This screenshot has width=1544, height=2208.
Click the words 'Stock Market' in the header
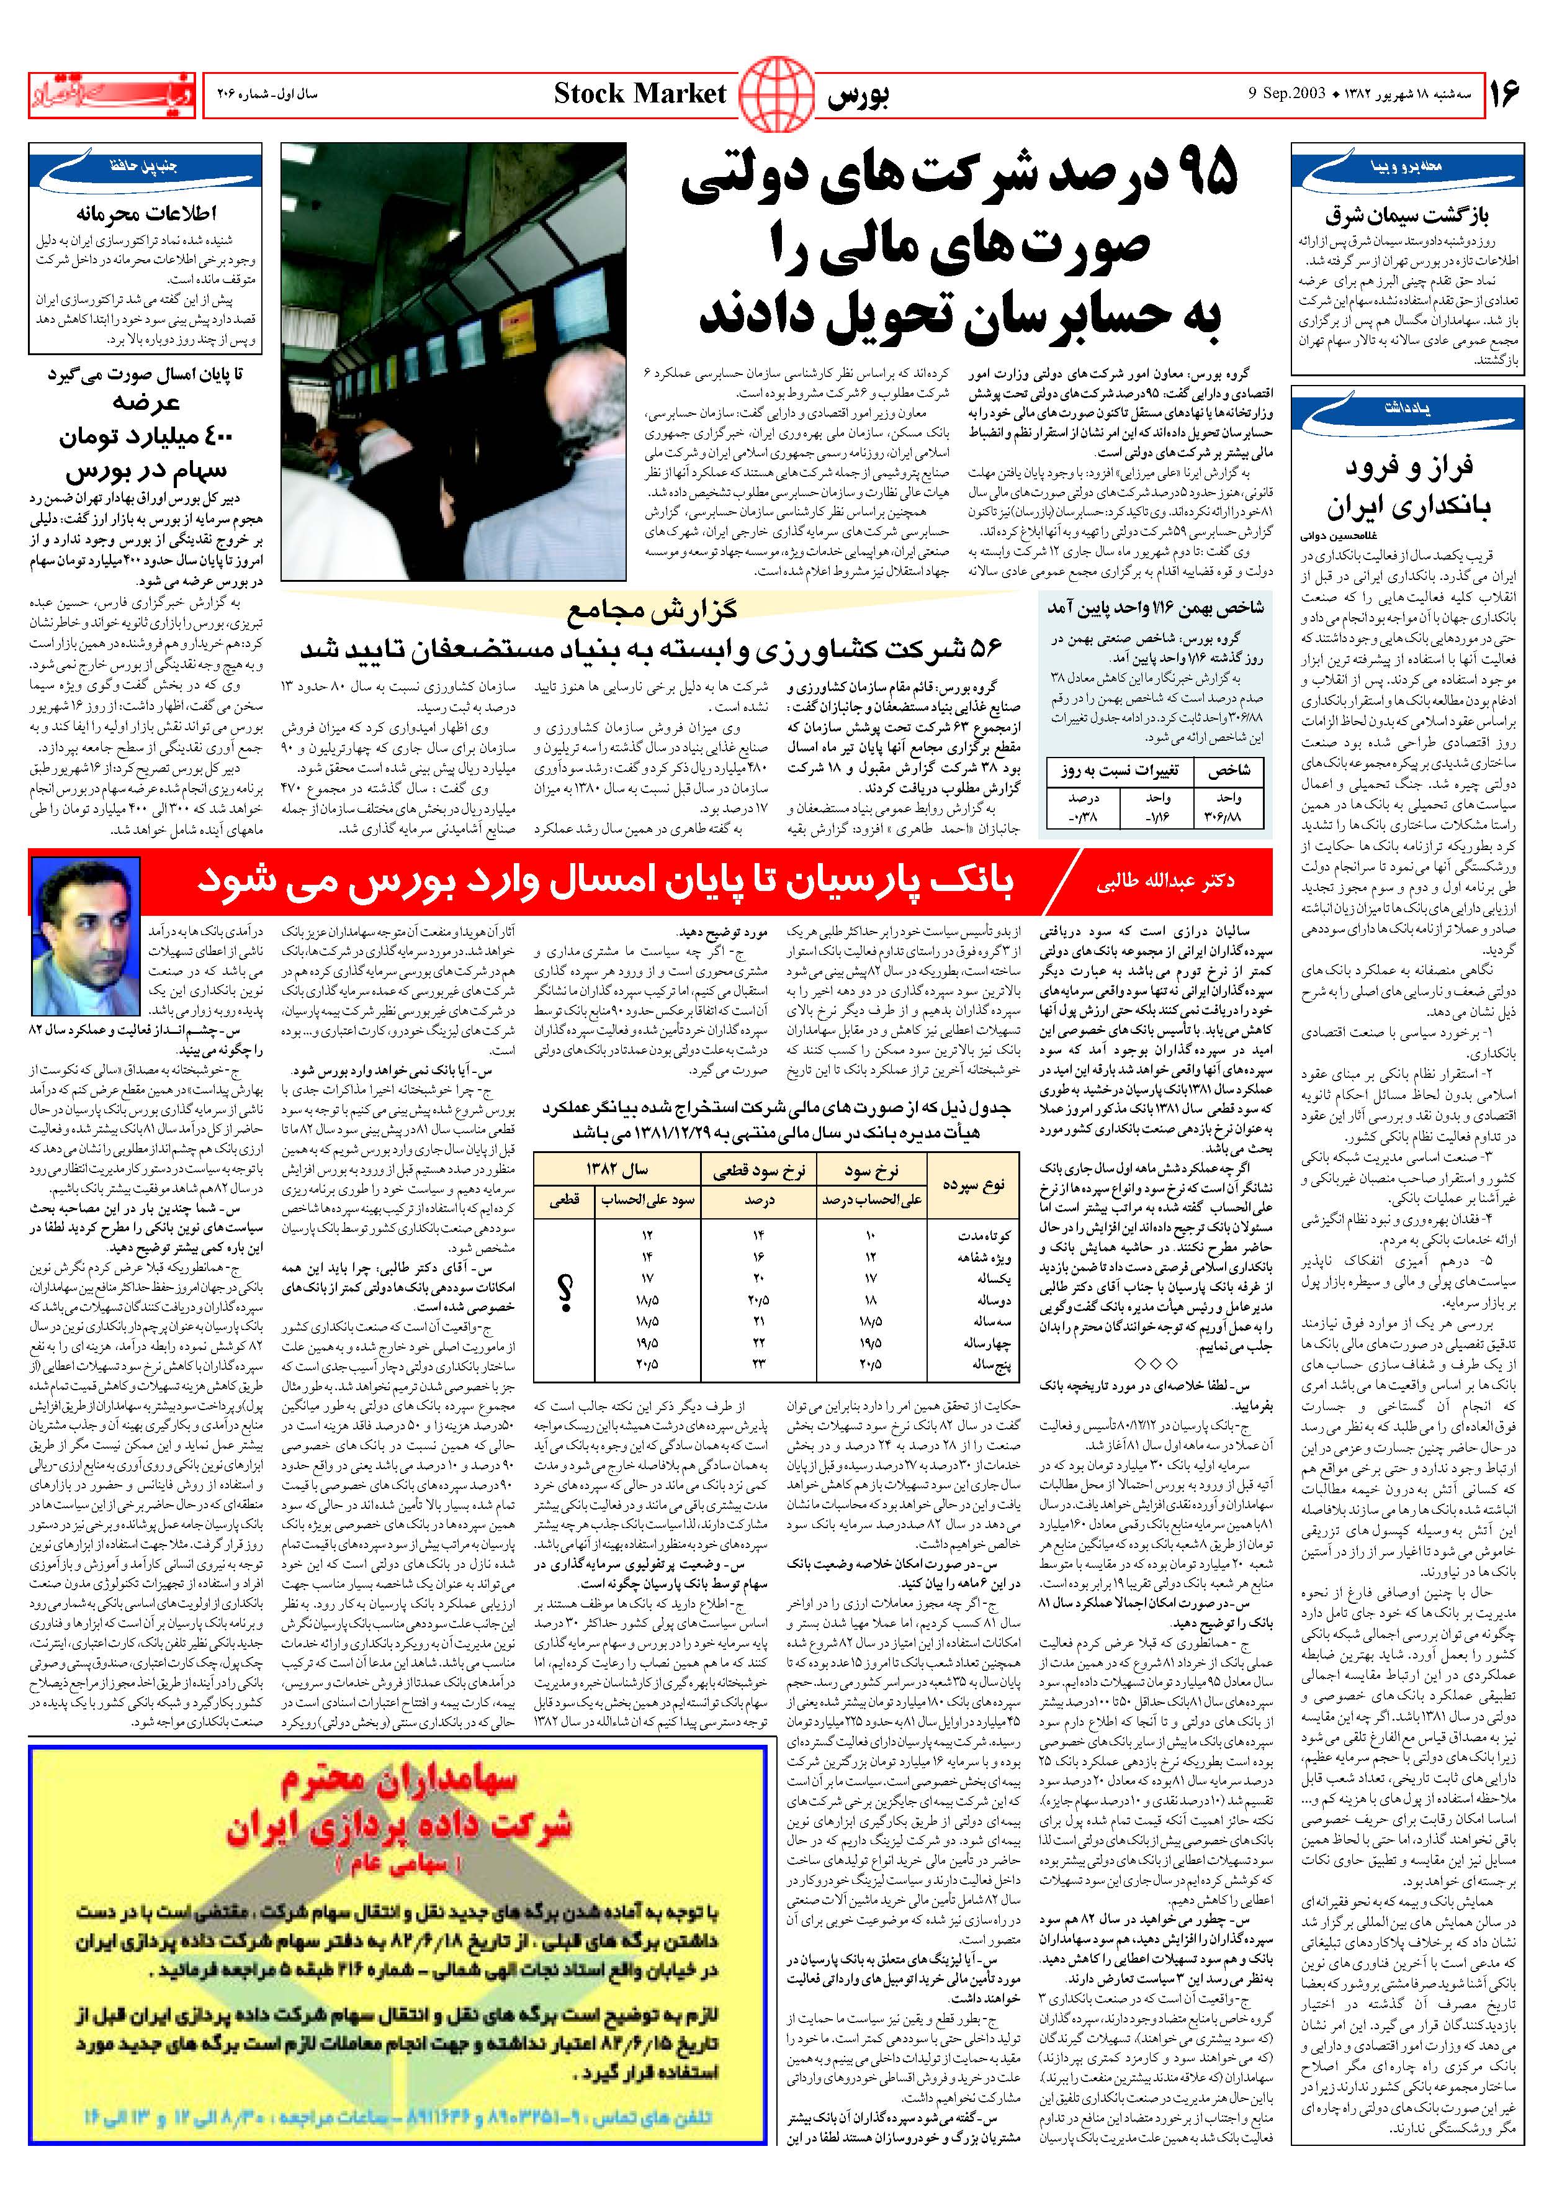[639, 93]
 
